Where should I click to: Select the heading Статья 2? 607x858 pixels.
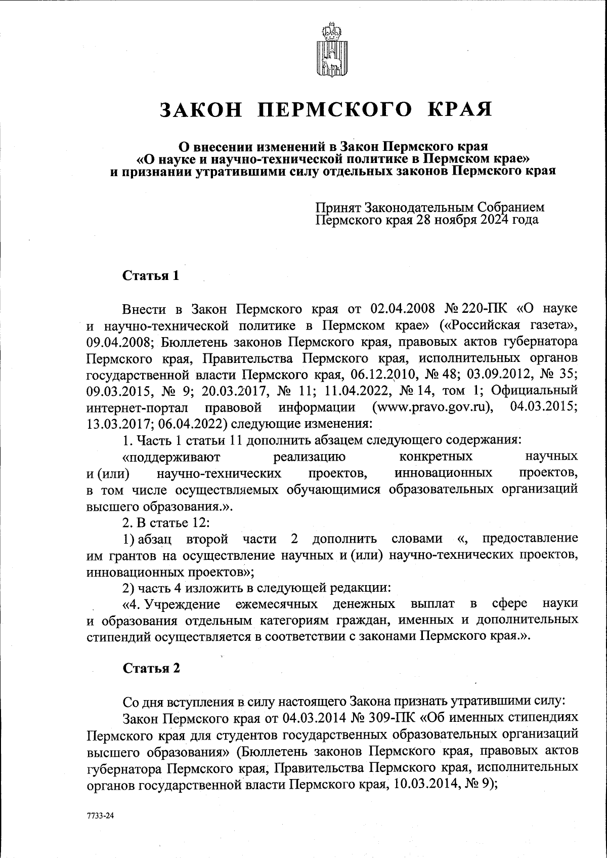point(151,668)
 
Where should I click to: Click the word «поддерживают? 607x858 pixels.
point(171,457)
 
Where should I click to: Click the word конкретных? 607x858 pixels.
point(436,457)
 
